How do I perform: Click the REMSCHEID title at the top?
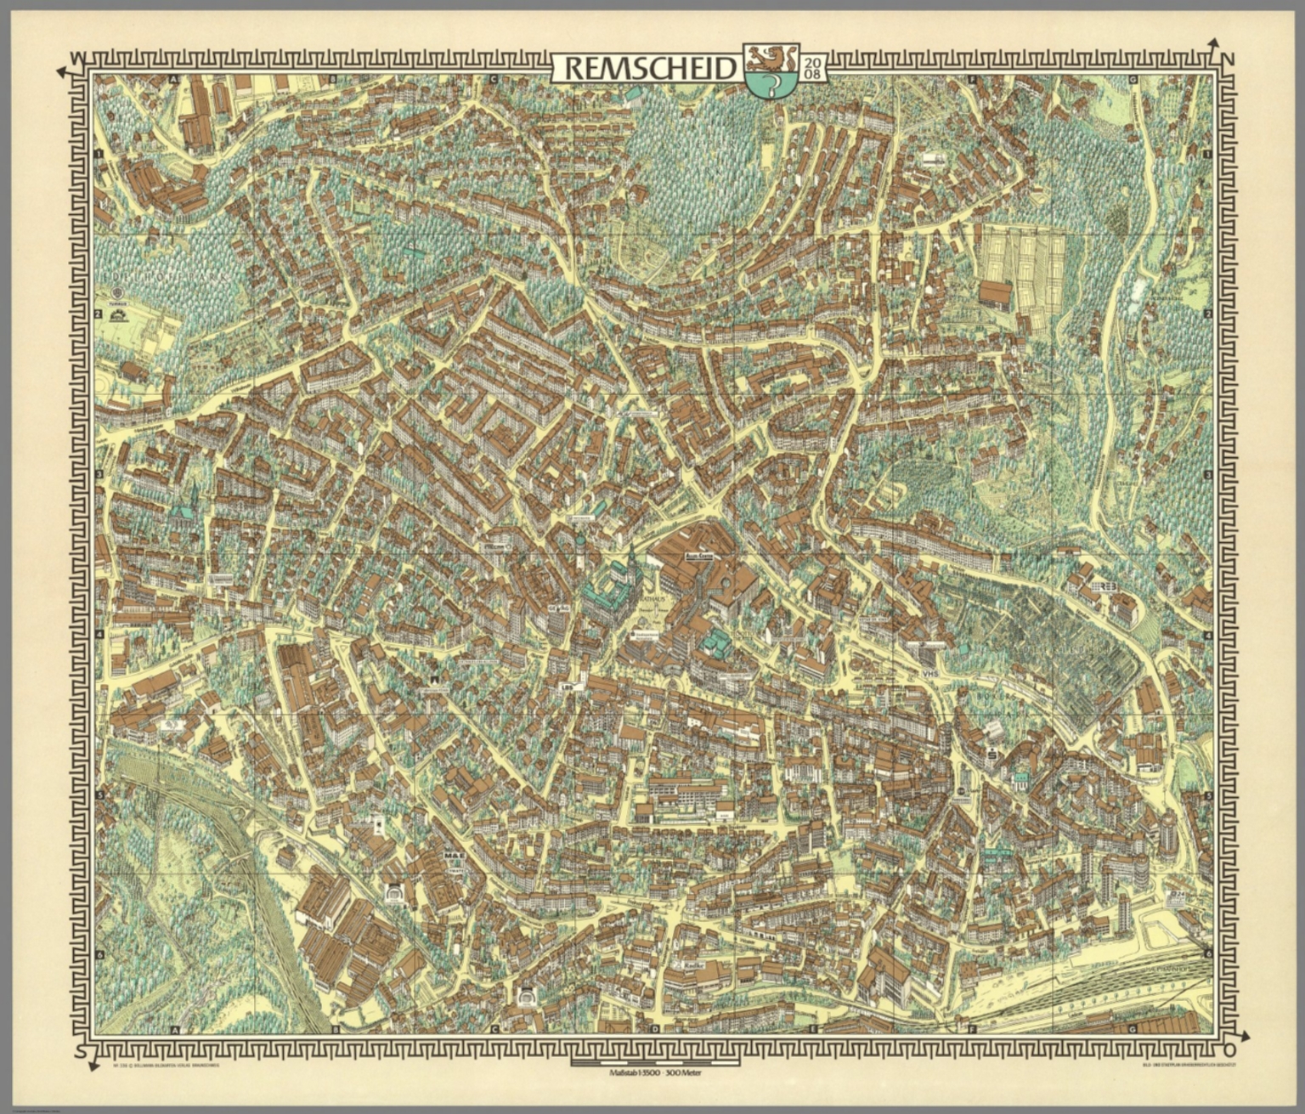point(647,68)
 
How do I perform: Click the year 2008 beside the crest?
point(811,67)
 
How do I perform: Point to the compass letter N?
point(1228,59)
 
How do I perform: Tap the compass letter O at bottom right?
point(1229,1053)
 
